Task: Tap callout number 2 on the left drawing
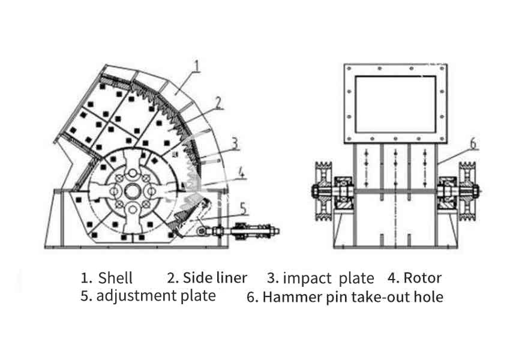point(219,103)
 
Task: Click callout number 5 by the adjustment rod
point(243,208)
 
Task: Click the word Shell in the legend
point(115,278)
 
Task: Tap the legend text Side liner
point(215,278)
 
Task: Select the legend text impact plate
point(328,278)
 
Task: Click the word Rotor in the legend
point(422,278)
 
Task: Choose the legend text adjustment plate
point(156,296)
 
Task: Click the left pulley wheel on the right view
point(325,191)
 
